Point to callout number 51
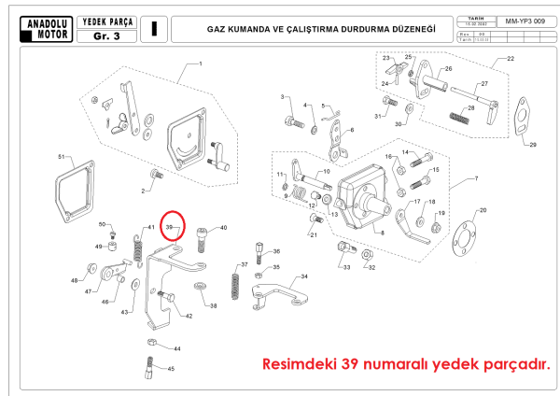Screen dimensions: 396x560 pyautogui.click(x=62, y=157)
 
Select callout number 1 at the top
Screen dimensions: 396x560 pyautogui.click(x=200, y=64)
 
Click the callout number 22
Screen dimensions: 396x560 pyautogui.click(x=511, y=59)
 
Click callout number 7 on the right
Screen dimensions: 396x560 pyautogui.click(x=475, y=177)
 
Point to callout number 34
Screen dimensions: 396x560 pyautogui.click(x=303, y=277)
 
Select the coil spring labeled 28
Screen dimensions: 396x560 pyautogui.click(x=457, y=119)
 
